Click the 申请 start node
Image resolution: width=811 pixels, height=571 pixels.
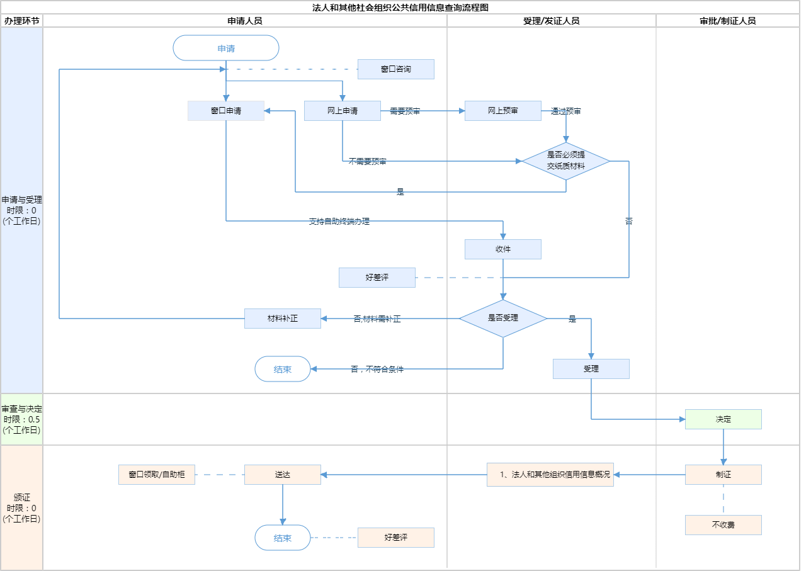tap(226, 48)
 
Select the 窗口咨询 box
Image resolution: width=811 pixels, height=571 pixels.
tap(396, 69)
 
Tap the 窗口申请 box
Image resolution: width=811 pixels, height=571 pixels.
tap(226, 111)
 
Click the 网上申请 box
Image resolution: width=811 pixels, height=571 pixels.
tap(343, 111)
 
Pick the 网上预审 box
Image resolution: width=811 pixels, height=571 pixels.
tap(503, 111)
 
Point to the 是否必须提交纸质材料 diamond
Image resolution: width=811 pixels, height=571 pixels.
tap(566, 161)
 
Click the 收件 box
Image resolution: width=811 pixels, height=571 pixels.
tap(503, 249)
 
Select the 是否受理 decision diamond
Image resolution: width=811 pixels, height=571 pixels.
tap(503, 319)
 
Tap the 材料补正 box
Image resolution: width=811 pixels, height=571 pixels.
tap(283, 319)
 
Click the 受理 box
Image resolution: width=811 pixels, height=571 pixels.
tap(591, 369)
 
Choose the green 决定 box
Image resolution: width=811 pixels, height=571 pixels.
tap(723, 419)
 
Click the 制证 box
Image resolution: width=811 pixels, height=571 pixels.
tap(723, 475)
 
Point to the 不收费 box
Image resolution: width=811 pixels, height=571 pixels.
tap(723, 525)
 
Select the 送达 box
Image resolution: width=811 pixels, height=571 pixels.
tap(283, 475)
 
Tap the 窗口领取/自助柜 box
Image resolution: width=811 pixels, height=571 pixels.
tap(157, 475)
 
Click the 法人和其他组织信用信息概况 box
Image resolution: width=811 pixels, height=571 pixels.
tap(550, 475)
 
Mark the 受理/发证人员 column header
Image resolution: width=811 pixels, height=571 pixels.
tap(552, 21)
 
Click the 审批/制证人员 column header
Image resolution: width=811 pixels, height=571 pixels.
tap(728, 21)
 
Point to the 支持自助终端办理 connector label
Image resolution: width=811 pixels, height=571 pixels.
tap(339, 222)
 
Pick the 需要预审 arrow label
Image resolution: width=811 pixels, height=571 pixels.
tap(405, 111)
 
